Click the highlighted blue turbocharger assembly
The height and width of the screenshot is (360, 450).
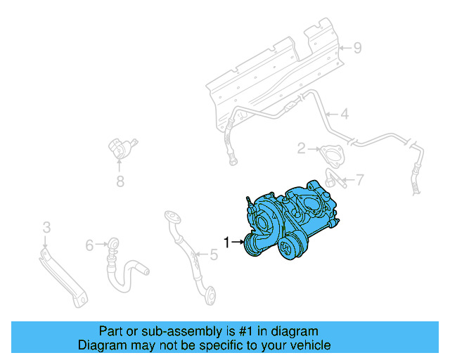coord(292,221)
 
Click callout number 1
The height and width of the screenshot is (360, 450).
coord(226,243)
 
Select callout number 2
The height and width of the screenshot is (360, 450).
coord(301,148)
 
